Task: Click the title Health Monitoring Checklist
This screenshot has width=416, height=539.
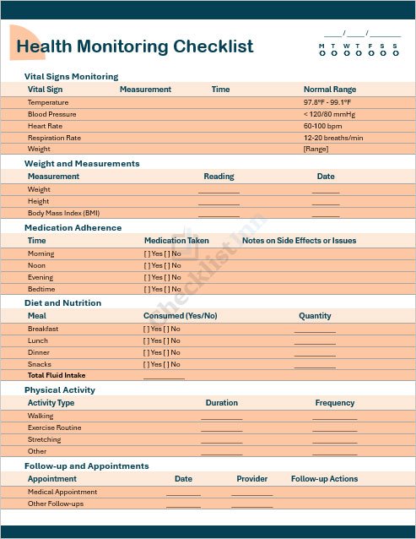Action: click(x=134, y=46)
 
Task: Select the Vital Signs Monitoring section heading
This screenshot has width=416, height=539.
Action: click(x=71, y=76)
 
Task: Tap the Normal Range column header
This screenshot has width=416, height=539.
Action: click(x=330, y=89)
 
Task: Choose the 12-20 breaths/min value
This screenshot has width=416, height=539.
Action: click(x=333, y=138)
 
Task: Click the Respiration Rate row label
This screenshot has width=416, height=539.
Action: click(x=54, y=138)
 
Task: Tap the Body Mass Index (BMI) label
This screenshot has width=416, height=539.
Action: click(x=63, y=213)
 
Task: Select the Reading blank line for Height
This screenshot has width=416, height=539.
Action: click(x=219, y=203)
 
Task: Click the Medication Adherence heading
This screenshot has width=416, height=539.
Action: click(x=73, y=227)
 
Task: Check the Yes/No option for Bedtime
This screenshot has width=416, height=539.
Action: click(x=162, y=289)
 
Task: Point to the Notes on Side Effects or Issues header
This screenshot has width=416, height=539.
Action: click(x=299, y=240)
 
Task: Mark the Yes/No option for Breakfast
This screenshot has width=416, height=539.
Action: click(x=161, y=329)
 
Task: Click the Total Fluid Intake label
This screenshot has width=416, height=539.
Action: click(x=57, y=375)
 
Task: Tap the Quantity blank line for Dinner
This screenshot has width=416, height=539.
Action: click(x=315, y=354)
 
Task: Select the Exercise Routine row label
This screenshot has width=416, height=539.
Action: click(x=54, y=427)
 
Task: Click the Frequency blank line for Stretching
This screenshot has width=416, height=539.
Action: click(x=334, y=441)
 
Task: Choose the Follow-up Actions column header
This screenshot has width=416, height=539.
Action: click(x=325, y=479)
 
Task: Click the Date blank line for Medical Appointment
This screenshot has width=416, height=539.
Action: click(x=183, y=493)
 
